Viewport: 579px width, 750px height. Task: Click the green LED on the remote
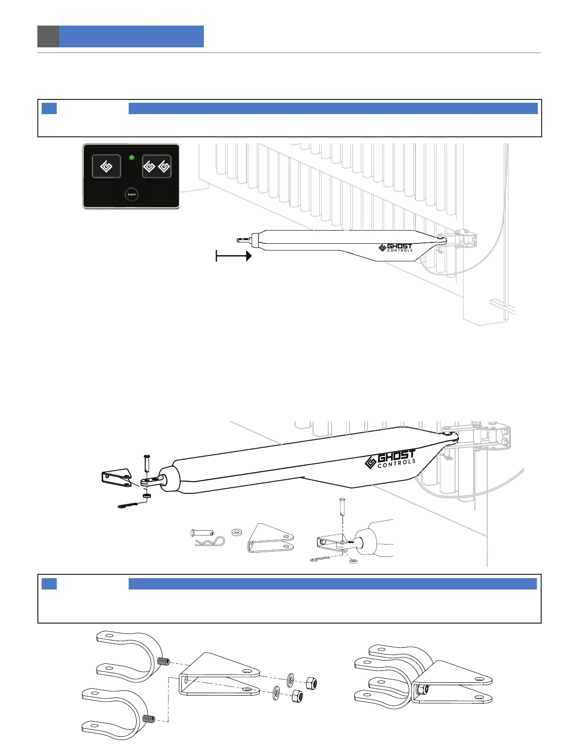click(132, 158)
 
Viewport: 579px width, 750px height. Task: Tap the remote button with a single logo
click(106, 167)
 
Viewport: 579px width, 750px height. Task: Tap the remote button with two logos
click(157, 167)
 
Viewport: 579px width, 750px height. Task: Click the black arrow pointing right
click(234, 256)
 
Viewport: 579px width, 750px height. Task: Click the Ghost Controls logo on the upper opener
click(396, 247)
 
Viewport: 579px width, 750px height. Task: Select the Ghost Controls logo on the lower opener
click(391, 459)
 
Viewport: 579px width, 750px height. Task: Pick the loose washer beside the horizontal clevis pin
click(236, 532)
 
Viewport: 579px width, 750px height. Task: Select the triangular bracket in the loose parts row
click(271, 539)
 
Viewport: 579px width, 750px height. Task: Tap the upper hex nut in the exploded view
click(310, 683)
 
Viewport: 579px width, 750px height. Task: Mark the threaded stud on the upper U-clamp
click(163, 661)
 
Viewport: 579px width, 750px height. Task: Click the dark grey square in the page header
click(48, 36)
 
